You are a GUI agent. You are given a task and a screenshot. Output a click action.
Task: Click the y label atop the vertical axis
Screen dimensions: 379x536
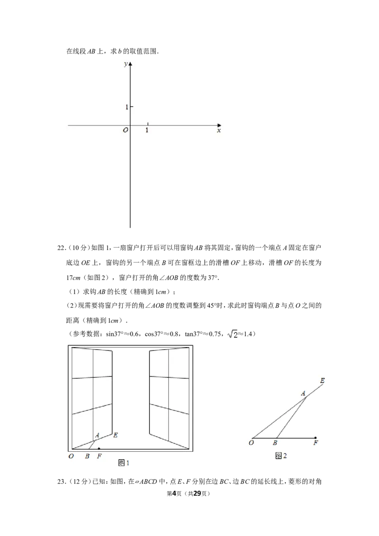(x=126, y=64)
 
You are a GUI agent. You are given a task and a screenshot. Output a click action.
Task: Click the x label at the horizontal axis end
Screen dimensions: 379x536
(x=219, y=131)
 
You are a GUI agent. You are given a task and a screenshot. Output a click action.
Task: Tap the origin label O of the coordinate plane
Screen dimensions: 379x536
(x=126, y=130)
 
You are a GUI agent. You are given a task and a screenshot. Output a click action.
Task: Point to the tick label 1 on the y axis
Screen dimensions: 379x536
(x=126, y=107)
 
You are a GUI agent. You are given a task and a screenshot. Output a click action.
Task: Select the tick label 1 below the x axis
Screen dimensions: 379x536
(x=147, y=130)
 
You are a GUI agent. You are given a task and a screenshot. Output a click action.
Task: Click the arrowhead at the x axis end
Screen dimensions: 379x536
(x=219, y=125)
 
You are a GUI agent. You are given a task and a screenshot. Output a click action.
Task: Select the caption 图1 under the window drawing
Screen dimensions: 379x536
(x=124, y=463)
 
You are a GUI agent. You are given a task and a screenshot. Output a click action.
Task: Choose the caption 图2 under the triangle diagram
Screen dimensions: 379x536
(x=281, y=456)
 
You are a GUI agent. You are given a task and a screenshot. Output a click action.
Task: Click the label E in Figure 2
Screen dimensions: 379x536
(x=322, y=381)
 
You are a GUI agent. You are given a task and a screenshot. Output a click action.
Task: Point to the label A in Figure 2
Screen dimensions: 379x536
(x=303, y=393)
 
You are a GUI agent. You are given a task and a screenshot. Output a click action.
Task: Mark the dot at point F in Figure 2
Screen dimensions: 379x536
(x=316, y=438)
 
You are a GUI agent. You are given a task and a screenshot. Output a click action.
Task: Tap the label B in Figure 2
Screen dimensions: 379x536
(x=275, y=443)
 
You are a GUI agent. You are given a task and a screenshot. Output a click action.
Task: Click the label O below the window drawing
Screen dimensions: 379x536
(x=71, y=456)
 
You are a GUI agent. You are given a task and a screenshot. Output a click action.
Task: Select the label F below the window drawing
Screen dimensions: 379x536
(x=99, y=456)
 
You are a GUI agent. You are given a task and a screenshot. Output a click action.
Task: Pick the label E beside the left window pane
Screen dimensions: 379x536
(x=116, y=435)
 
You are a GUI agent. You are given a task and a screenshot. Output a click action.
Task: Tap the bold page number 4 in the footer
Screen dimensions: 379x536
(x=174, y=493)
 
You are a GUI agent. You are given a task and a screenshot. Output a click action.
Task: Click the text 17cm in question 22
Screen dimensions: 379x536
(x=73, y=277)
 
